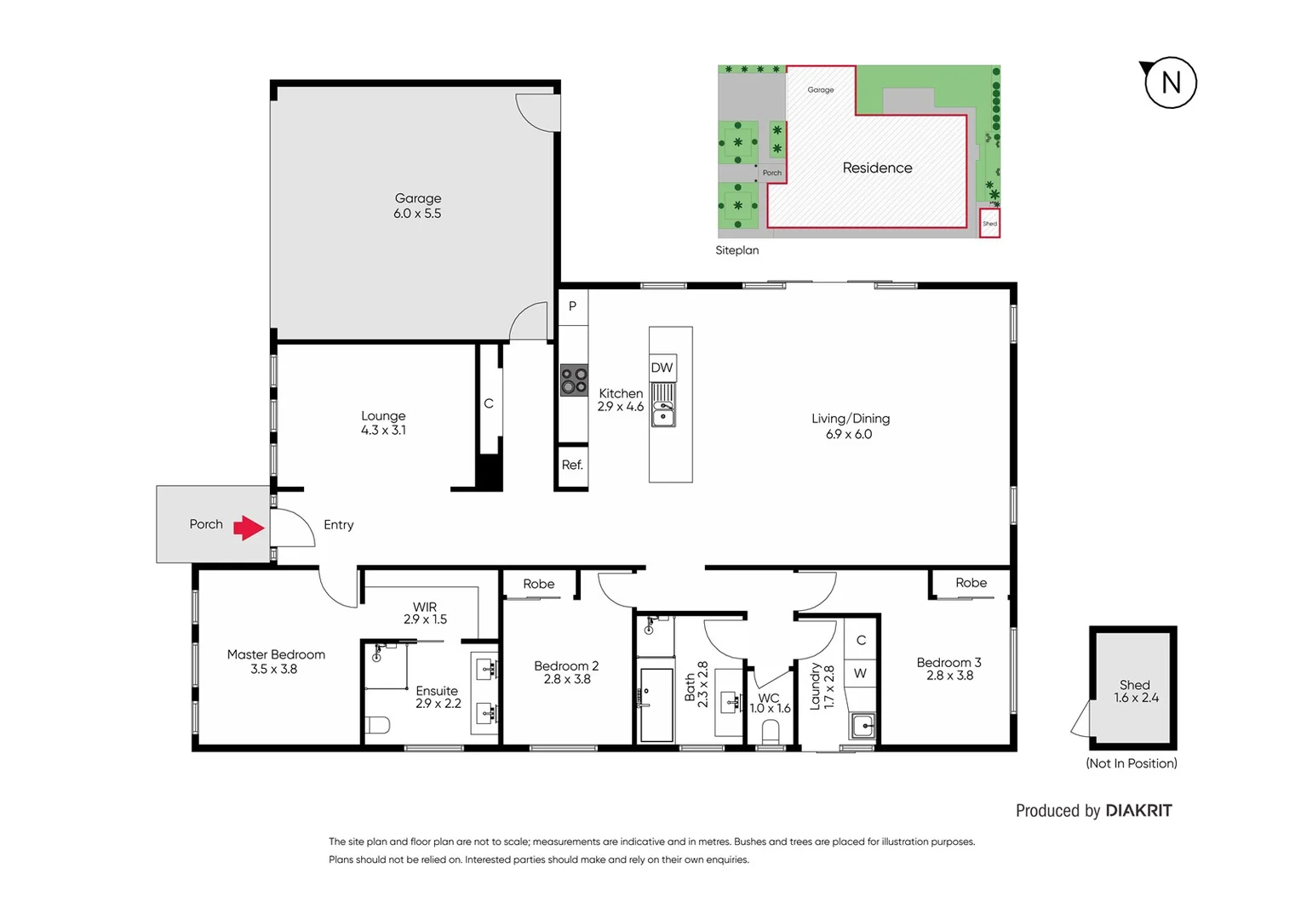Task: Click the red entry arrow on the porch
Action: [249, 528]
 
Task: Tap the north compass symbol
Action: [1170, 83]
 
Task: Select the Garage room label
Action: [418, 198]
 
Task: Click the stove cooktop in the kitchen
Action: [574, 380]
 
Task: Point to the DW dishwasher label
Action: [662, 368]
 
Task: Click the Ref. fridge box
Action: [572, 465]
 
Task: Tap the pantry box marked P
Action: [572, 306]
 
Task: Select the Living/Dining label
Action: [850, 419]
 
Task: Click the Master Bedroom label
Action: [276, 654]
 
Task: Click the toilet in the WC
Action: [771, 732]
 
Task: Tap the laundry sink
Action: [863, 726]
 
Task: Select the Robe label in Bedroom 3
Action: [971, 583]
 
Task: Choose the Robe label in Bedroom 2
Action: [538, 584]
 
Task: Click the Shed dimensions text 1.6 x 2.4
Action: [1136, 698]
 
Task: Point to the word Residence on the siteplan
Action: [877, 168]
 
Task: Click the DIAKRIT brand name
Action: [1138, 811]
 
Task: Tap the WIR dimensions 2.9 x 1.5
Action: [425, 619]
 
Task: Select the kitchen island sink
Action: [662, 416]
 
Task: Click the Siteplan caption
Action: [736, 250]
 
